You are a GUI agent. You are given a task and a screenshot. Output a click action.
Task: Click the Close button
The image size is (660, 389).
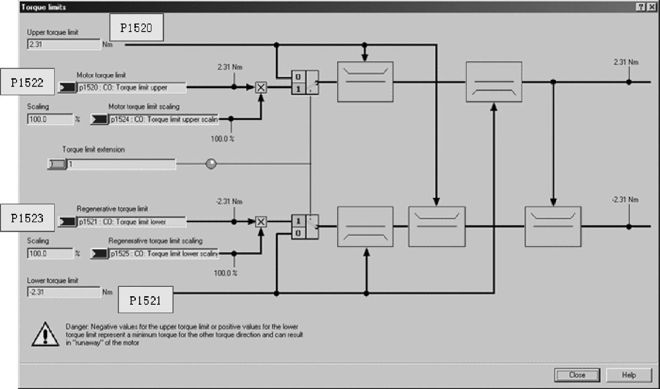[x=577, y=375]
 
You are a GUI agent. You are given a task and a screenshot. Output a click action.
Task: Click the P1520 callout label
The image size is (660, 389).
[x=136, y=28]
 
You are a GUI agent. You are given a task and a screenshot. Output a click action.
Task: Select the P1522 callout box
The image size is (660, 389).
[x=27, y=82]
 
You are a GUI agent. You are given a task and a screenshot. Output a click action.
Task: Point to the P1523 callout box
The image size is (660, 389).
[x=27, y=218]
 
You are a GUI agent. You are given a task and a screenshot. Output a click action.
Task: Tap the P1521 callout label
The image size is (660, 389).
[x=145, y=300]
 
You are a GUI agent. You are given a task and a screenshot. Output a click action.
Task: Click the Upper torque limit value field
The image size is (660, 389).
[x=64, y=45]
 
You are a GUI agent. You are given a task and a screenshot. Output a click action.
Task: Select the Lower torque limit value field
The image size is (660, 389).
[x=64, y=292]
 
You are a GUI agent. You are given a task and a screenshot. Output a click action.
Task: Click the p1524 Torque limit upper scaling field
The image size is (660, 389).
[x=163, y=120]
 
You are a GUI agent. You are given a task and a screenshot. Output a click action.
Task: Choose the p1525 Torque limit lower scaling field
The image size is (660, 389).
[x=163, y=254]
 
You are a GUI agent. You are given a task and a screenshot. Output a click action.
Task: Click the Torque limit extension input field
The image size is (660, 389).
[x=121, y=164]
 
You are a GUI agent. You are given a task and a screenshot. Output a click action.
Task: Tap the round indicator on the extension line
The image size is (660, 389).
[x=212, y=164]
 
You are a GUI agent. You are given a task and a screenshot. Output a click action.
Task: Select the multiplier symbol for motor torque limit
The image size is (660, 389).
[x=261, y=87]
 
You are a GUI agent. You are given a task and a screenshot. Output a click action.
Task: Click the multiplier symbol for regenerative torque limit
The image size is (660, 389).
[x=261, y=222]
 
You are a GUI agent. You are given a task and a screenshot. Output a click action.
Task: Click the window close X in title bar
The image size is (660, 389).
[x=652, y=7]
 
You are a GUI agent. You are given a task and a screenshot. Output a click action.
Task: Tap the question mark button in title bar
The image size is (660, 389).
[x=641, y=7]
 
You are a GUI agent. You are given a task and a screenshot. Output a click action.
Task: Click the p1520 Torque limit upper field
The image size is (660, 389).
[x=132, y=87]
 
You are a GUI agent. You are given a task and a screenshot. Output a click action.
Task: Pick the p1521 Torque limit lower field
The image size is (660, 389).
[x=132, y=222]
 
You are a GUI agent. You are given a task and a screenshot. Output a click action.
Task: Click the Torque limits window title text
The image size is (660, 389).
[x=37, y=7]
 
